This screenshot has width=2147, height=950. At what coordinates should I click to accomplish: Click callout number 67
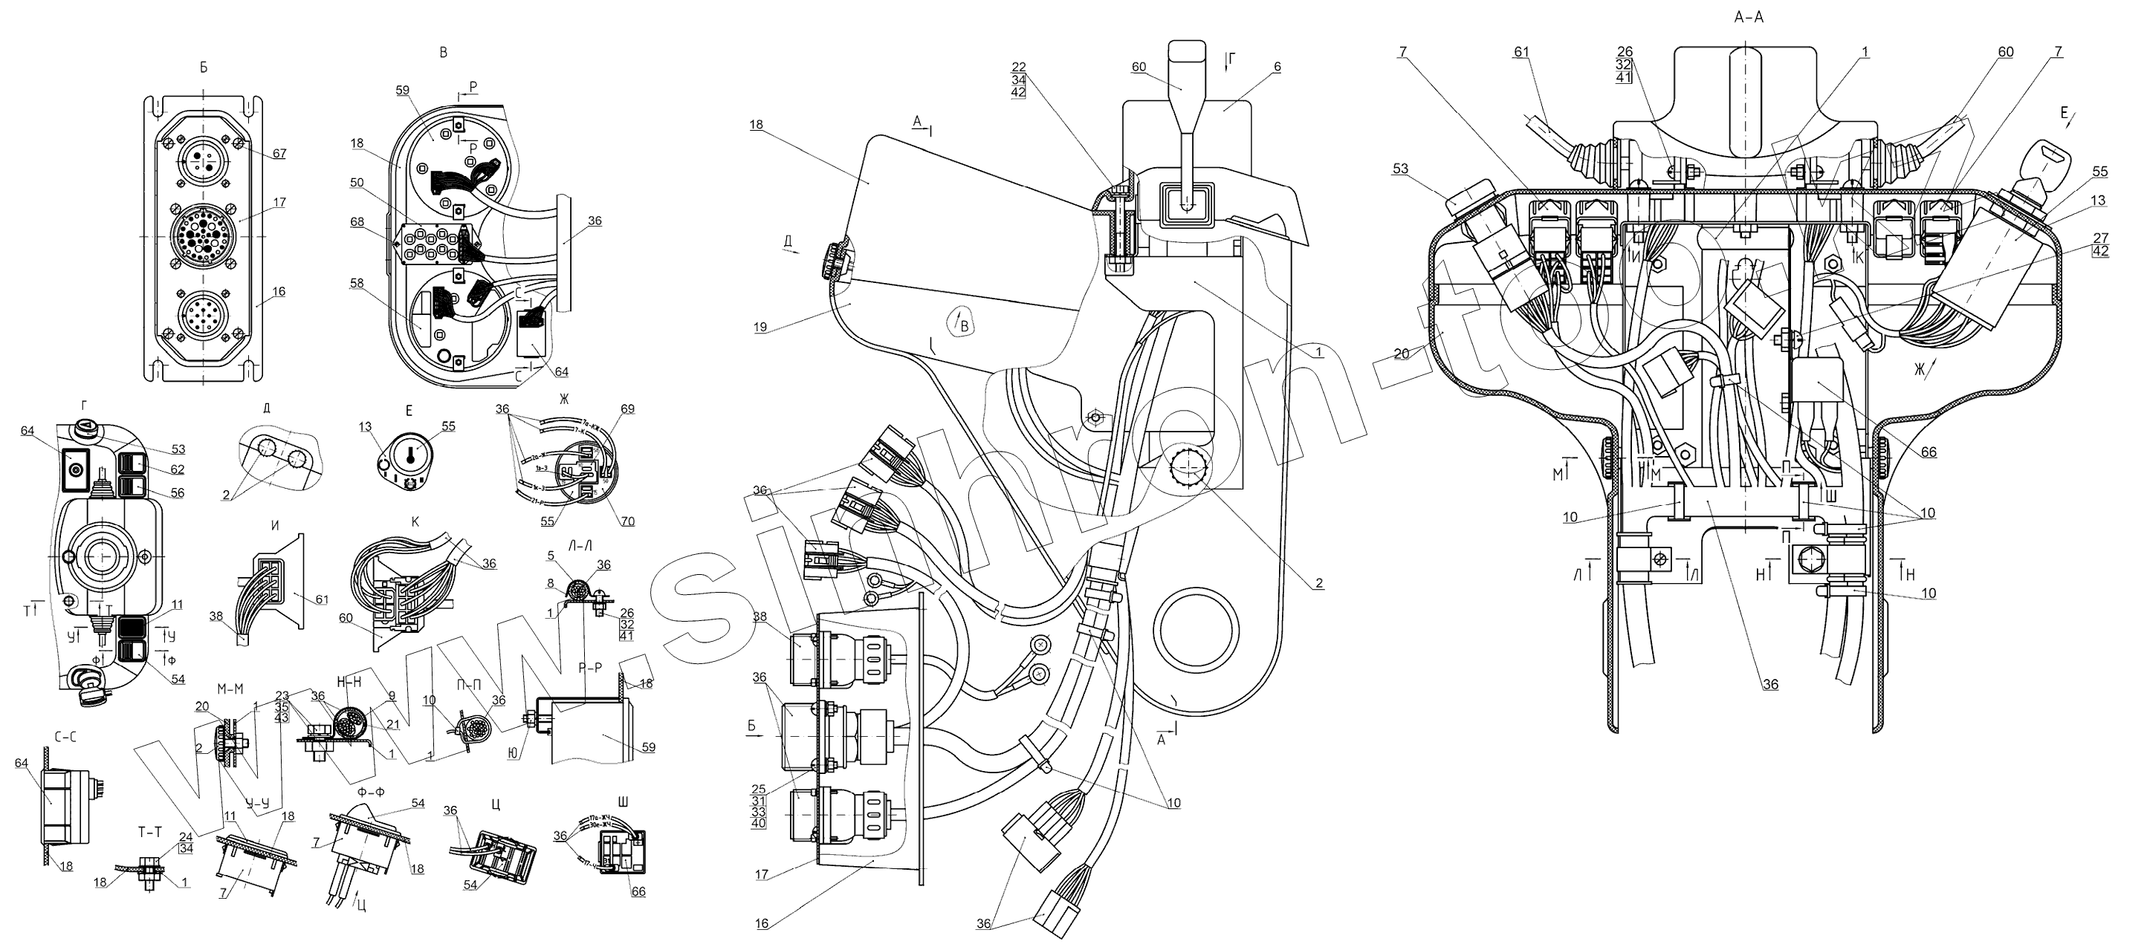[x=279, y=153]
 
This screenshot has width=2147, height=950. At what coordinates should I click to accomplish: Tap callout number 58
[x=357, y=284]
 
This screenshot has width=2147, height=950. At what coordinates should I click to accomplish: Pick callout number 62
[x=178, y=470]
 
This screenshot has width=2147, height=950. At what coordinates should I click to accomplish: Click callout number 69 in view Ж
[x=627, y=409]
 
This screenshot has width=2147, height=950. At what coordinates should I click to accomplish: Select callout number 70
[x=627, y=521]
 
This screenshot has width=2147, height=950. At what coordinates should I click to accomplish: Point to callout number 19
[x=760, y=328]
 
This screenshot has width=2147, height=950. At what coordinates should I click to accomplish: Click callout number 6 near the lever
[x=1277, y=67]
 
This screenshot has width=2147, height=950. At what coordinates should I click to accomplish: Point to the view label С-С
[x=66, y=737]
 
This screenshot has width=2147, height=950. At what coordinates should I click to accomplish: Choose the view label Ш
[x=624, y=802]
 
